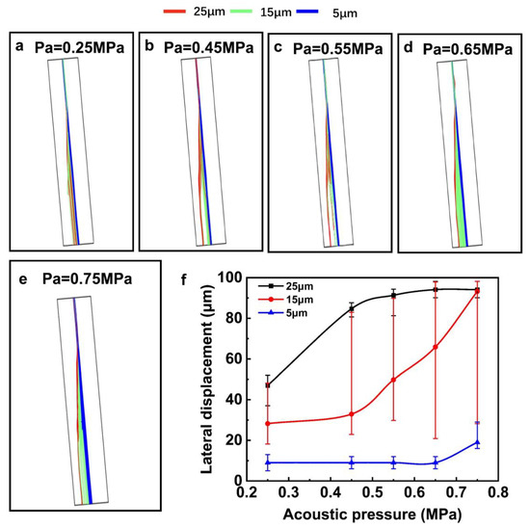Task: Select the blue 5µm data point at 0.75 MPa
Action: click(x=477, y=442)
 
